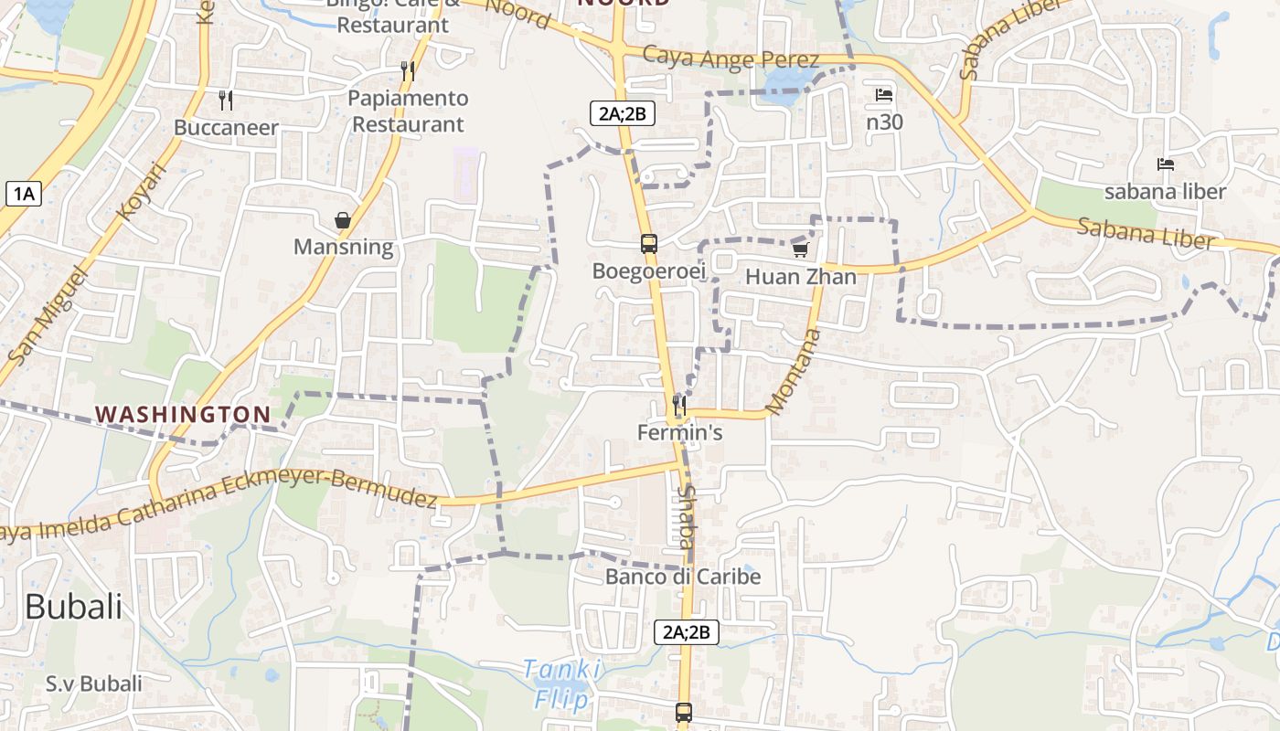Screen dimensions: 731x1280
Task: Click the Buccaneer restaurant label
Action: (226, 127)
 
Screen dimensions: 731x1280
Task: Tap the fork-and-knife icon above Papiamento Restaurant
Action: (408, 70)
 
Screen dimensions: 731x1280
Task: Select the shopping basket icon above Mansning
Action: (343, 220)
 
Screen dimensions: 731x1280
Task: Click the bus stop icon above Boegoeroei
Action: (649, 244)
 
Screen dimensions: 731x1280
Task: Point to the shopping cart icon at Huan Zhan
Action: (801, 249)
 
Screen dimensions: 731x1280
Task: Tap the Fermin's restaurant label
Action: (680, 432)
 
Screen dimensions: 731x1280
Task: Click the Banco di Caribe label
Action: (683, 577)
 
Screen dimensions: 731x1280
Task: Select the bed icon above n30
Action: (884, 94)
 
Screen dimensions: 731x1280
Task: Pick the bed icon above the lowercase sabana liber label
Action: (1165, 164)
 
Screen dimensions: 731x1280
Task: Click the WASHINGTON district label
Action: (183, 414)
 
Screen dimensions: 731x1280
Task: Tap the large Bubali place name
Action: (73, 606)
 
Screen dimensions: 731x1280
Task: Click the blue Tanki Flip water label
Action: (561, 684)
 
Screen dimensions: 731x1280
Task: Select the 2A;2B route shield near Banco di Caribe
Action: (686, 632)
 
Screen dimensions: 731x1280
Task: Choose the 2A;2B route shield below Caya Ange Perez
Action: (622, 113)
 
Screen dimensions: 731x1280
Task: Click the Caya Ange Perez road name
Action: (731, 58)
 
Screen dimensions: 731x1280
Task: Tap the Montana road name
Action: (793, 372)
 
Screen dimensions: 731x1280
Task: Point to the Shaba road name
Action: (685, 516)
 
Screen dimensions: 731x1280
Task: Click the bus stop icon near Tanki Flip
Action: (684, 713)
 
